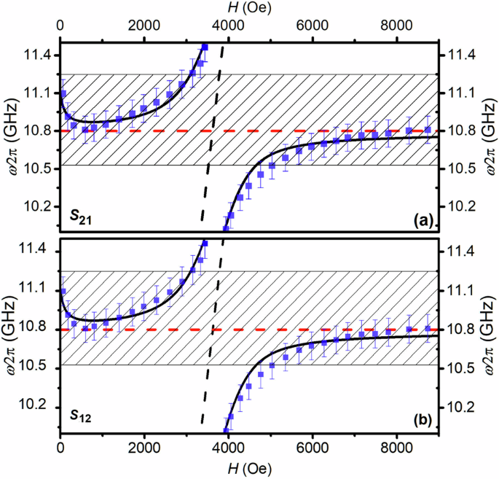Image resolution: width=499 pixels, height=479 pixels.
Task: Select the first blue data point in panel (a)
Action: (x=63, y=94)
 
